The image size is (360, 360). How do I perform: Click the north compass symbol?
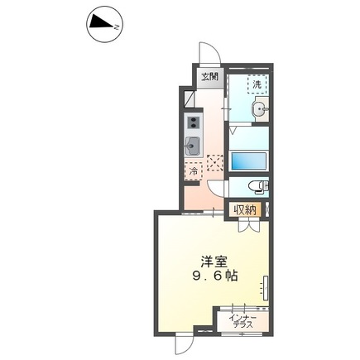coord(104,25)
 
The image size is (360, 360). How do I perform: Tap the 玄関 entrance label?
coord(209,77)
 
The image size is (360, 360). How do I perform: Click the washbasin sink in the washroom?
coord(260,110)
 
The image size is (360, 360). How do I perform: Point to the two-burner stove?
coord(194,122)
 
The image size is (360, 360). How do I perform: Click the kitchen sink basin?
coord(193,146)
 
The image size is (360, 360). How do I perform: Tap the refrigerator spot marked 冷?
coord(194,171)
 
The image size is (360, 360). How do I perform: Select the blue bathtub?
coord(249,161)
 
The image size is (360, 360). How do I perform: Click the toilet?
coord(258,186)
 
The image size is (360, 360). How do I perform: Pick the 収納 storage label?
coord(245,210)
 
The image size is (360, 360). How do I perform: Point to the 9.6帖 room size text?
coord(214,276)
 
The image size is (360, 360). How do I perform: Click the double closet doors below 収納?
coord(249,225)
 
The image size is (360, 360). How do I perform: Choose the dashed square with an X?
coord(215,163)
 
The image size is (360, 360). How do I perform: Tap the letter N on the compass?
coord(117,27)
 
